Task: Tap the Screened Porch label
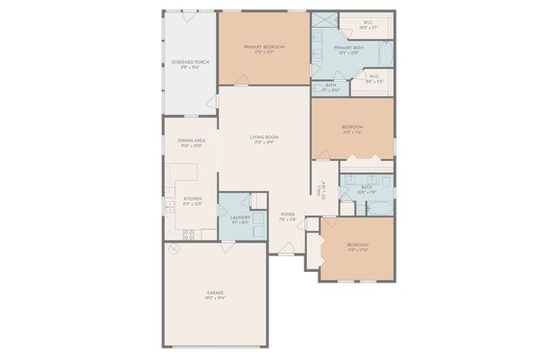(x=189, y=62)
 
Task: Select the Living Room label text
(x=263, y=137)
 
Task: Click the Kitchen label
(x=192, y=199)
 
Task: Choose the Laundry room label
(x=241, y=217)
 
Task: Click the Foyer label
(x=288, y=214)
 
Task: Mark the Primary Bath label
(x=348, y=47)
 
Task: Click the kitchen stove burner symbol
(x=188, y=233)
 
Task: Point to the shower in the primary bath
(x=323, y=23)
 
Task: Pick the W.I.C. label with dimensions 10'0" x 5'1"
(x=367, y=24)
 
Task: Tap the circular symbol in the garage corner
(x=174, y=248)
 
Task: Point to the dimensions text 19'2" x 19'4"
(x=215, y=298)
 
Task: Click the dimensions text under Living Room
(x=263, y=143)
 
